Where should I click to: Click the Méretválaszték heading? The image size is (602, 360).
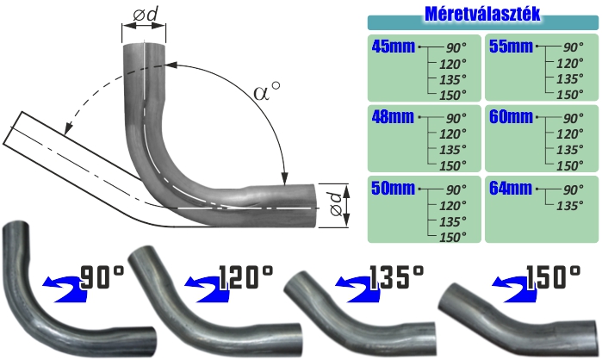482,14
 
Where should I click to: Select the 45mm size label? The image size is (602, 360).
394,47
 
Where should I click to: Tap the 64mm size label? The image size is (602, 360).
511,189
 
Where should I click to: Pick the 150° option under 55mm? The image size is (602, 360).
570,95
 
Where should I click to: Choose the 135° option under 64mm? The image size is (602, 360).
570,206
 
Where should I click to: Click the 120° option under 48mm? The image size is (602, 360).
453,134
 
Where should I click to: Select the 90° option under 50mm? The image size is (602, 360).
456,189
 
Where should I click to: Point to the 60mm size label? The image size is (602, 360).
511,117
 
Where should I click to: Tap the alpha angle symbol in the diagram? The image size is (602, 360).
267,91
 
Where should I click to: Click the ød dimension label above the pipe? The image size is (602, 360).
146,15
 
